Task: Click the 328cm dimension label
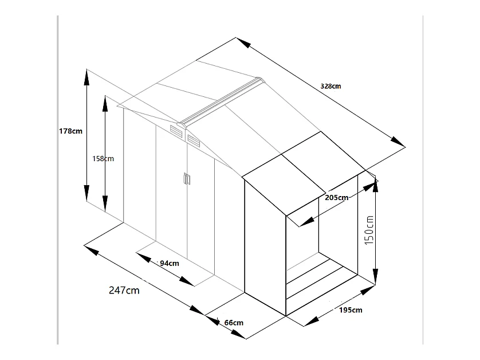(x=331, y=86)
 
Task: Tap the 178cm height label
(x=70, y=131)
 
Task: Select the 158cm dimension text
(x=103, y=159)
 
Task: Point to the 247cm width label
(x=124, y=290)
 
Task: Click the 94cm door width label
(x=170, y=264)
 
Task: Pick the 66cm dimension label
(x=234, y=323)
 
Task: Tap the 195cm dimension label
(x=351, y=310)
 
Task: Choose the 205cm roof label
(x=337, y=198)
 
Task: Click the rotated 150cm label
(x=369, y=230)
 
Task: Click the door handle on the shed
(x=187, y=179)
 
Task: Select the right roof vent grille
(x=193, y=140)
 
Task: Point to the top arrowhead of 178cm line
(x=87, y=77)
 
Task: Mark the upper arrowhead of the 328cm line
(x=243, y=42)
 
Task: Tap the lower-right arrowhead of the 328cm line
(x=398, y=142)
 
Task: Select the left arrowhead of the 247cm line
(x=91, y=250)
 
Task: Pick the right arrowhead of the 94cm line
(x=186, y=281)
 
